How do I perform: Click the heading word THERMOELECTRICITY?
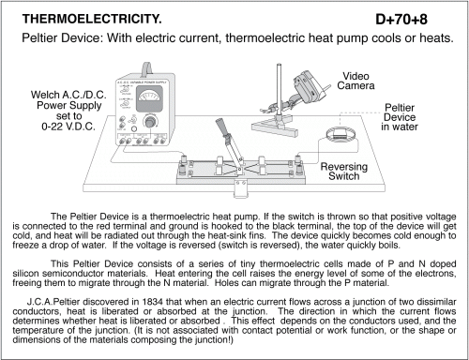(92, 19)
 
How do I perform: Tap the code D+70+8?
(401, 20)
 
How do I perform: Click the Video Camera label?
(356, 81)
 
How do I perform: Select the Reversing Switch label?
(344, 172)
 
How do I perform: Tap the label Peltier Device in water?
(400, 117)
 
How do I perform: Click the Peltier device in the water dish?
(340, 135)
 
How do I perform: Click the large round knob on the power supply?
(150, 121)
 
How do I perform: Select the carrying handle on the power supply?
(146, 68)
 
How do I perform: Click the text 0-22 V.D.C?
(68, 127)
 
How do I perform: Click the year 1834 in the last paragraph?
(152, 302)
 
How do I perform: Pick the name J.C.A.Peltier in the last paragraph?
(53, 302)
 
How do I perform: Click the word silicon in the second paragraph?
(25, 274)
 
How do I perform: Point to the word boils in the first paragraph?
(389, 245)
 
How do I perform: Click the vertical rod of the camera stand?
(279, 91)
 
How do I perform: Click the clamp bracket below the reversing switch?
(241, 188)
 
